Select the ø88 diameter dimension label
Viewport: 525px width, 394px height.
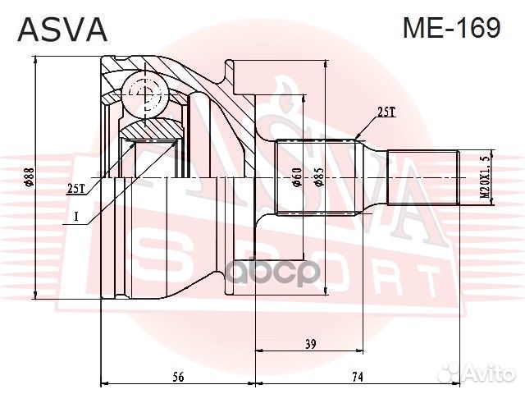(x=28, y=177)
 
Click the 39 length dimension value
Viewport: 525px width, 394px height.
(x=310, y=345)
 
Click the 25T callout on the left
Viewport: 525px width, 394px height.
(x=75, y=188)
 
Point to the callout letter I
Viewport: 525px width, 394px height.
(x=75, y=217)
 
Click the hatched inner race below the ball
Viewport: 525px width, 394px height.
(x=152, y=129)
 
